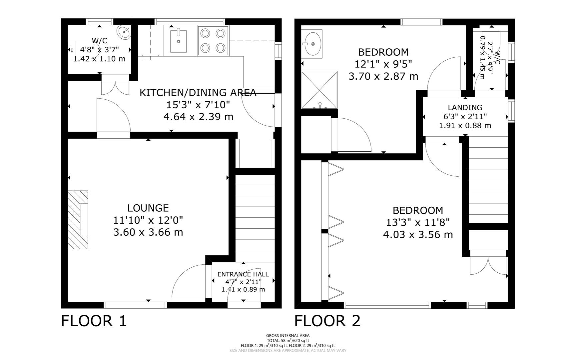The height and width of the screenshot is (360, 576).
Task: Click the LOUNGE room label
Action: [x=148, y=208]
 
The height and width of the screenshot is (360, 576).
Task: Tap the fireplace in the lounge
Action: [x=79, y=220]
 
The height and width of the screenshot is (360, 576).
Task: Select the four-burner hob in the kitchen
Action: [x=213, y=41]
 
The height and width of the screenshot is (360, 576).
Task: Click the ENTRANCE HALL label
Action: [x=243, y=274]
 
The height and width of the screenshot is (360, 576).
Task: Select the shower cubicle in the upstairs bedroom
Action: [x=319, y=90]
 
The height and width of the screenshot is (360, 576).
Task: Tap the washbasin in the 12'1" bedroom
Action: [x=312, y=44]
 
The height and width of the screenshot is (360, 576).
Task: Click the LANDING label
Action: [x=465, y=107]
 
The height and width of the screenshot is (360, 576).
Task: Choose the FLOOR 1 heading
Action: [x=94, y=321]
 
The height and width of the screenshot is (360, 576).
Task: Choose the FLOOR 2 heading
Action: [x=327, y=321]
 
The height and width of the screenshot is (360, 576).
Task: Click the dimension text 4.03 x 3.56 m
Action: [x=418, y=235]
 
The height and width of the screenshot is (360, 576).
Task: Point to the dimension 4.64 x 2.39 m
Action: [x=198, y=117]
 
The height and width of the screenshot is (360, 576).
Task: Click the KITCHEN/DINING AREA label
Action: [x=198, y=93]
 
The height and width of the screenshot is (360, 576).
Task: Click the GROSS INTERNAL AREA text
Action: [x=288, y=335]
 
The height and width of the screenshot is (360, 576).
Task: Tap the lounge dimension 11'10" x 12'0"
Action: [x=148, y=220]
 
